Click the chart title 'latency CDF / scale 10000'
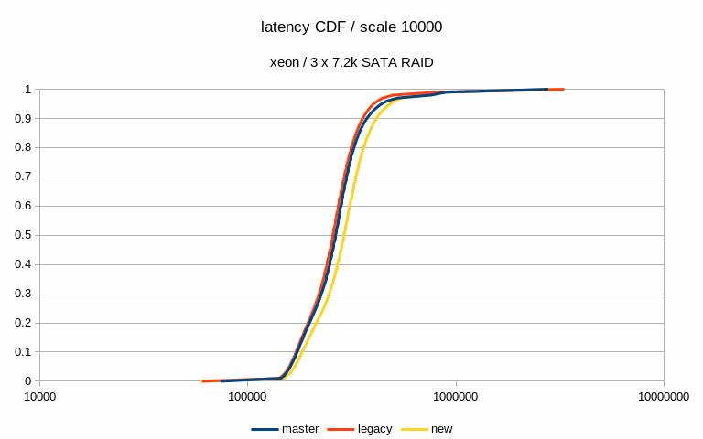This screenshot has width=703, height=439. [x=351, y=27]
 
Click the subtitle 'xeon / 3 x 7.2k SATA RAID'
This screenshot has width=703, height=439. [x=351, y=62]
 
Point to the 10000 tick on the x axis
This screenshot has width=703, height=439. [x=39, y=397]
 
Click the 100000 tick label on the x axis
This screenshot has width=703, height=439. [x=247, y=397]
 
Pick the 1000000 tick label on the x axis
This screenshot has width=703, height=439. [x=456, y=397]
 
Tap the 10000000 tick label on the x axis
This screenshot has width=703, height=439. [x=664, y=397]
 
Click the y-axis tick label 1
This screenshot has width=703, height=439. [x=28, y=90]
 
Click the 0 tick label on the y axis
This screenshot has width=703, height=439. [x=28, y=381]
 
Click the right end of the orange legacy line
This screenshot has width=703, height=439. [x=563, y=90]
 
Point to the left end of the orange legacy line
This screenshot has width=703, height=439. [x=203, y=380]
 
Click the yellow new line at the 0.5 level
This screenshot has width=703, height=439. [x=346, y=235]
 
